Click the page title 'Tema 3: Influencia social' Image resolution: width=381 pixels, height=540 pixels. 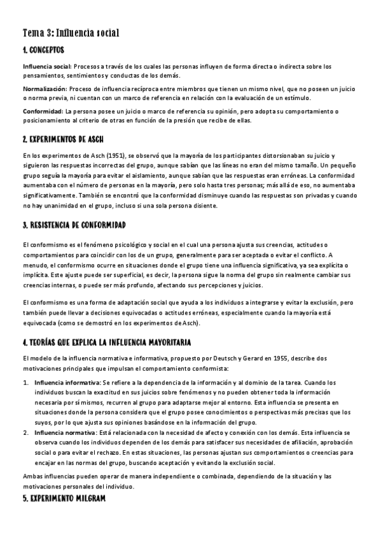point(71,32)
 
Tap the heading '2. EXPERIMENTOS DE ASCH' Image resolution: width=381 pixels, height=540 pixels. point(62,139)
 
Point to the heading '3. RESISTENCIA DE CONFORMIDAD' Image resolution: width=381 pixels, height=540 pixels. point(74,225)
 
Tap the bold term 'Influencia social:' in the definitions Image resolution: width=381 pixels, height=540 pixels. point(47,66)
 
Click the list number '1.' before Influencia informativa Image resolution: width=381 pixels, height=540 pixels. point(25,382)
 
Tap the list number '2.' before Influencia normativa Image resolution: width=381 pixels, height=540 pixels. point(25,432)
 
